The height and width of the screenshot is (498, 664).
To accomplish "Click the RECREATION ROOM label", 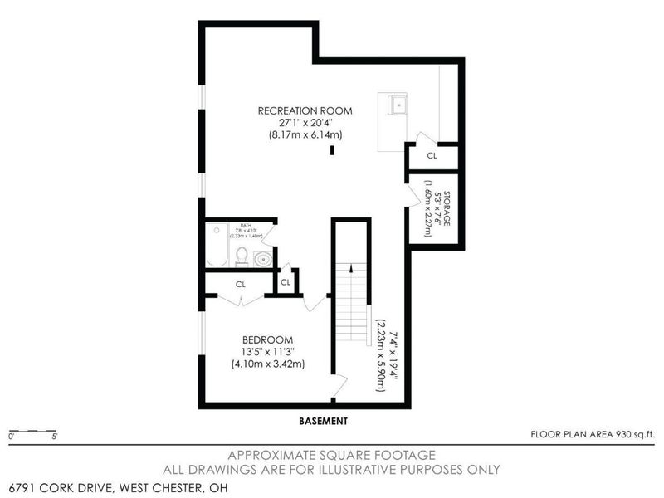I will (305, 110).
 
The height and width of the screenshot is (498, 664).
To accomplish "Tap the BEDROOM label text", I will (268, 339).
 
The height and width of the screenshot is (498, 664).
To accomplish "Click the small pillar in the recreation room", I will (332, 150).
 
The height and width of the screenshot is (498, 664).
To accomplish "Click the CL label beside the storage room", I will (432, 155).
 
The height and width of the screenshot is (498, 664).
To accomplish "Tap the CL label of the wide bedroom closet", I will (241, 284).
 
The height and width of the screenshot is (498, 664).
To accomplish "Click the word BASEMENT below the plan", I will (323, 421).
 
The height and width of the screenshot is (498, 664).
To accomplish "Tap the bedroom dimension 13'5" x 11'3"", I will (268, 351).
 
